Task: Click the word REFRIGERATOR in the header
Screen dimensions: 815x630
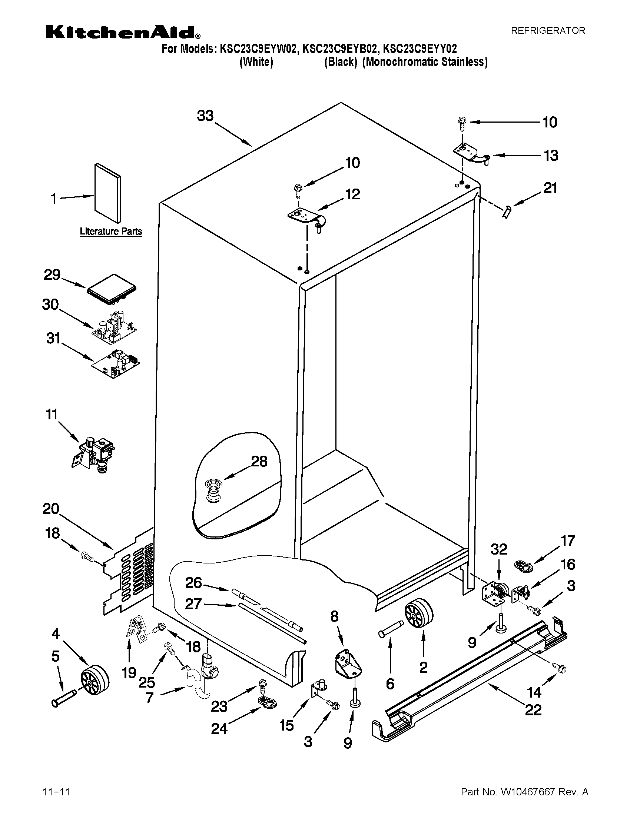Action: (x=547, y=31)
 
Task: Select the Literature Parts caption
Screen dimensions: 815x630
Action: (x=111, y=232)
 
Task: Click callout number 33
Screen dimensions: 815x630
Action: (x=205, y=116)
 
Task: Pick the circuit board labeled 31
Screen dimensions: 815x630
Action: (x=116, y=363)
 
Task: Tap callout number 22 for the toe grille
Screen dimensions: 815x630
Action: (x=533, y=709)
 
